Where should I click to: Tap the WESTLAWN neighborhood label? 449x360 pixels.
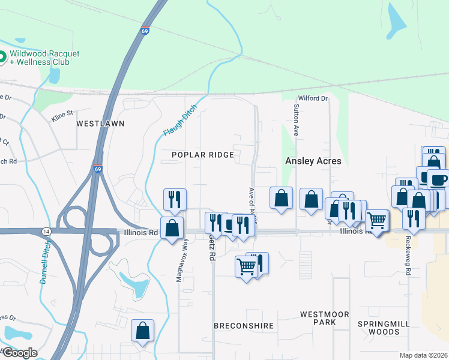[100, 124]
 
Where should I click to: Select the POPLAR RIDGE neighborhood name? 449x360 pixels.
[202, 155]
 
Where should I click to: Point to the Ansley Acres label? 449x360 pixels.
[313, 161]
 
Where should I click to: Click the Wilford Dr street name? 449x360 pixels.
[313, 98]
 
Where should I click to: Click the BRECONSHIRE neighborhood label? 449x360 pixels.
[244, 326]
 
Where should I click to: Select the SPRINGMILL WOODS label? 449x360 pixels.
[384, 328]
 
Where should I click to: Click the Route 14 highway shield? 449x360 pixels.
[46, 231]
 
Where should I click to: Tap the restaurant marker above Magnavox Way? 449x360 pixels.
[175, 199]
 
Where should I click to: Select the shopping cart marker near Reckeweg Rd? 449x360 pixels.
[377, 221]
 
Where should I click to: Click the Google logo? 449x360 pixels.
[20, 352]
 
